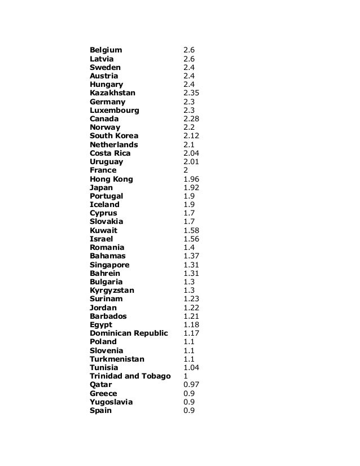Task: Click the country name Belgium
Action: pos(106,50)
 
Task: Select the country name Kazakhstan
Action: pos(112,93)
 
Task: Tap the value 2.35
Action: pos(192,93)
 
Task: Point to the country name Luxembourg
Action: pos(114,111)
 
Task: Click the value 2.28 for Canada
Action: pos(192,119)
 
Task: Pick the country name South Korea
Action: pos(113,136)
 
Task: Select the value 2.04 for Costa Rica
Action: pos(192,153)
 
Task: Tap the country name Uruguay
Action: pos(106,162)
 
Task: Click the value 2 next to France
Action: pos(186,170)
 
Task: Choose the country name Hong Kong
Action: pos(111,179)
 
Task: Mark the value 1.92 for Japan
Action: pos(192,187)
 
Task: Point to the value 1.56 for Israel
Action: pos(192,239)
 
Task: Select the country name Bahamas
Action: pos(107,256)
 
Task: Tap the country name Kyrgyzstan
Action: pos(112,291)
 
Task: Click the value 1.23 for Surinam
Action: pos(192,299)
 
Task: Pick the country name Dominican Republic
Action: pos(129,333)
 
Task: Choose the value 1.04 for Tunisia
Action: pos(192,368)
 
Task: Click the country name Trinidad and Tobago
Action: pos(130,376)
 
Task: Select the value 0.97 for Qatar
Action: pos(192,385)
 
